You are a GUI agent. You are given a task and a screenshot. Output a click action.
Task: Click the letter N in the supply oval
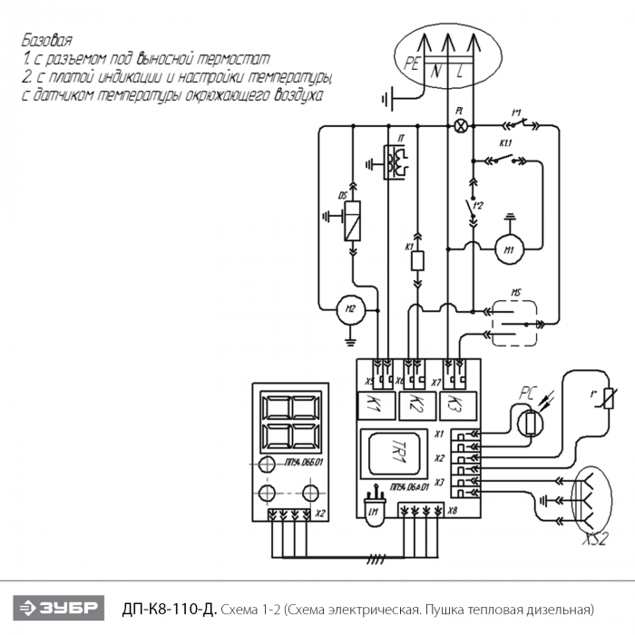coord(438,70)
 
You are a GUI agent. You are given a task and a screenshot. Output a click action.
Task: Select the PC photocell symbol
coord(530,421)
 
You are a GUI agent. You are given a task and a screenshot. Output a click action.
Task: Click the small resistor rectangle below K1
coord(417,261)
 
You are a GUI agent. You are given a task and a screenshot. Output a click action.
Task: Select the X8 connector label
coord(452,511)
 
